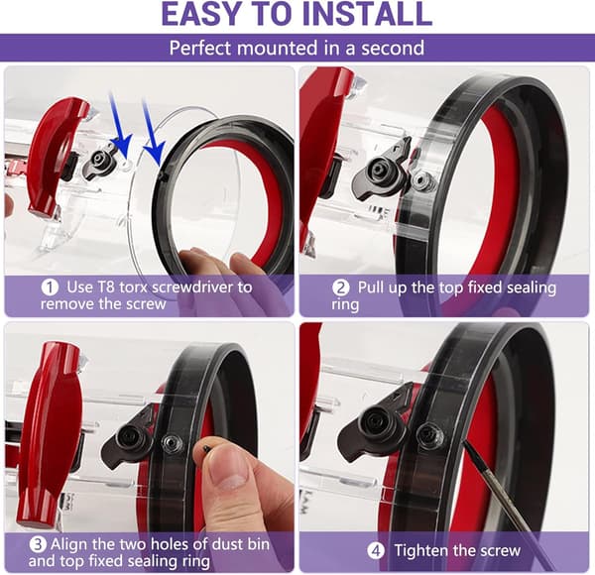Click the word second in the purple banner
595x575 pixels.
[x=393, y=49]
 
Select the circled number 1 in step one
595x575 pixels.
[x=50, y=287]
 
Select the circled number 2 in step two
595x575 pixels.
[x=341, y=287]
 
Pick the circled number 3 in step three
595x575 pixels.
[x=38, y=544]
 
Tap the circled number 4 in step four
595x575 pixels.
[x=376, y=551]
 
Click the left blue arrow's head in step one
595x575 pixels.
[x=124, y=146]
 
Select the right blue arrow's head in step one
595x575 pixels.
[x=157, y=153]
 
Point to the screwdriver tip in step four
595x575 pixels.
[x=465, y=443]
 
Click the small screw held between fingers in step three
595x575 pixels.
[x=206, y=449]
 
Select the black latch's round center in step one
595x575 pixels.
[x=100, y=159]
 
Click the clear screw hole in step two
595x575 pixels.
[x=420, y=179]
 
